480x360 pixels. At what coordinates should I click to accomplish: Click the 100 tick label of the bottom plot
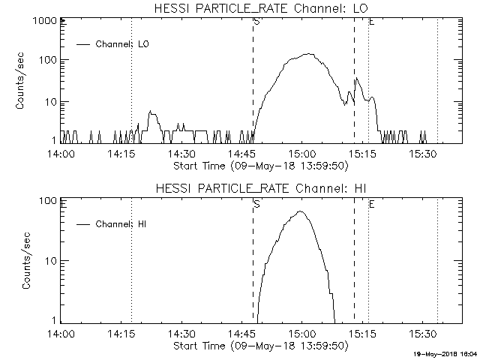pos(49,201)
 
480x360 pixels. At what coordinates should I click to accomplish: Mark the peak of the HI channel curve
pos(301,211)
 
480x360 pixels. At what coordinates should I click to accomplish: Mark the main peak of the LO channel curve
pos(308,54)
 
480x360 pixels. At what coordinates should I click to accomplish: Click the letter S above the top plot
pos(256,22)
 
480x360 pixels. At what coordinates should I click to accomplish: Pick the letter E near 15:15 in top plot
pos(371,22)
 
